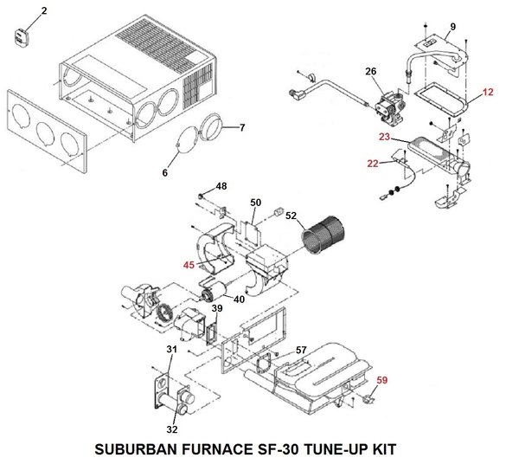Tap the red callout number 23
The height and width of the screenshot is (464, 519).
pyautogui.click(x=384, y=137)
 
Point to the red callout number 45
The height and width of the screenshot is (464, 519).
pyautogui.click(x=189, y=267)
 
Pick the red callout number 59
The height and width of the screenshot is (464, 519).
pyautogui.click(x=382, y=377)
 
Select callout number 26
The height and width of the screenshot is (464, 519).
pyautogui.click(x=370, y=70)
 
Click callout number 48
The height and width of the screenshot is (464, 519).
pyautogui.click(x=221, y=186)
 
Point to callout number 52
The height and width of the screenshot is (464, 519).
pyautogui.click(x=291, y=216)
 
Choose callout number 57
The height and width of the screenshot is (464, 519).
pyautogui.click(x=301, y=350)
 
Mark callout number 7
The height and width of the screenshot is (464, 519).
pyautogui.click(x=241, y=128)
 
